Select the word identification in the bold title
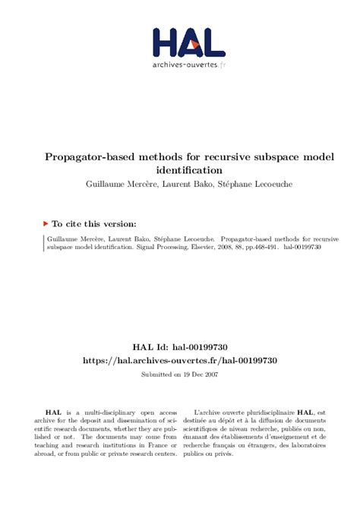tap(189, 170)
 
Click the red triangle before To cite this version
tap(46, 224)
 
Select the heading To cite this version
tap(95, 224)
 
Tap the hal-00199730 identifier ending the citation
tap(302, 247)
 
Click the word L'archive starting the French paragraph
tap(212, 411)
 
